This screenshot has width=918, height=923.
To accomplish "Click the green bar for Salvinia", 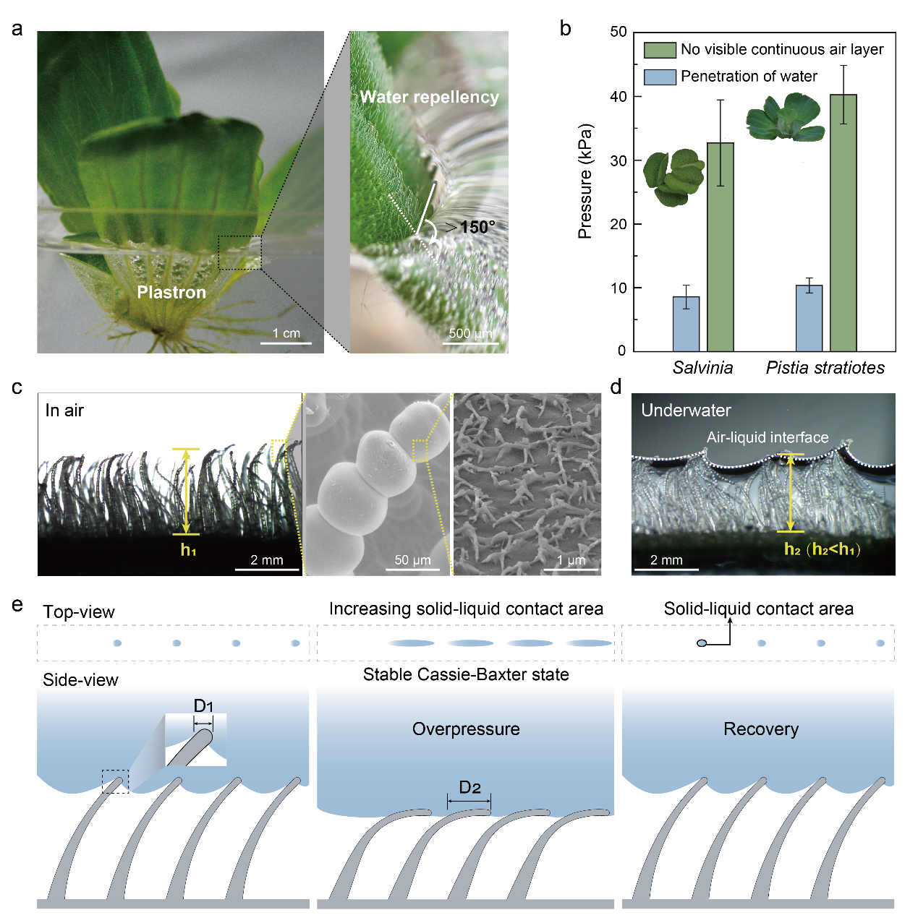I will (x=720, y=246).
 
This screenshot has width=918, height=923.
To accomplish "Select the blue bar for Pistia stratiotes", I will (x=809, y=318).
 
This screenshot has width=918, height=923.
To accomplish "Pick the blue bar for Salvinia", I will (x=686, y=324).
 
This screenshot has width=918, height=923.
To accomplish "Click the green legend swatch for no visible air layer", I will (x=660, y=50).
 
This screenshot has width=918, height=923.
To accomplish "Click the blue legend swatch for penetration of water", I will (x=660, y=77).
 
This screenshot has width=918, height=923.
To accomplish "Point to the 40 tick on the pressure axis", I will (x=619, y=97).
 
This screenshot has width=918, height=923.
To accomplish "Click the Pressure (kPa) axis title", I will (x=585, y=181).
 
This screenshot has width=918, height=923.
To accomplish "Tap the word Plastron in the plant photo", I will (x=171, y=292).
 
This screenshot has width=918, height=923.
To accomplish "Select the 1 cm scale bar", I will (x=286, y=342).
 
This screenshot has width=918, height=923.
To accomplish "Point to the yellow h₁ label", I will (x=188, y=550).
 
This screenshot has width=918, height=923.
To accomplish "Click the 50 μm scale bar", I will (x=413, y=569).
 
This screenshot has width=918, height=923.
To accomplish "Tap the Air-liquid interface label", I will (x=768, y=437).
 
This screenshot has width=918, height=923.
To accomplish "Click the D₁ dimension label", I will (x=203, y=706).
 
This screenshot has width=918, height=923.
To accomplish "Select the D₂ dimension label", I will (x=469, y=788).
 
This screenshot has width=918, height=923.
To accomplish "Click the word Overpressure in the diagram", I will (x=466, y=729).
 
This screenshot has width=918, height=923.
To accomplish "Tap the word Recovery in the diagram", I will (x=761, y=729).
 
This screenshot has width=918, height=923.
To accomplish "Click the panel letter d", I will (x=616, y=387).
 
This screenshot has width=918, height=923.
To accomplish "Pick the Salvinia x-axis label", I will (x=702, y=368).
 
